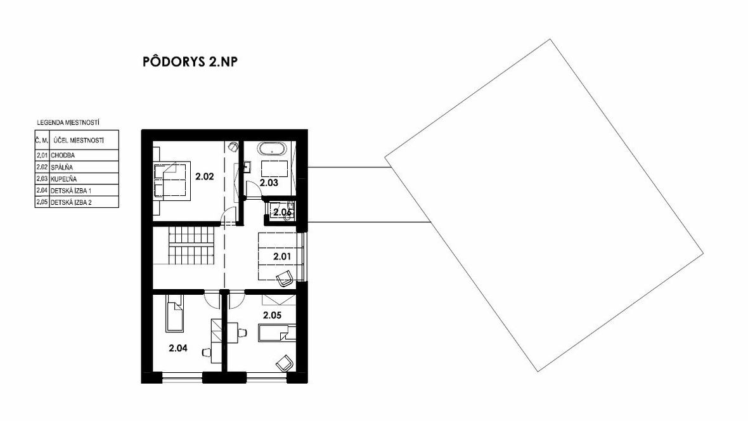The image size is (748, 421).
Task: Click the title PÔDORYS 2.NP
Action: pyautogui.click(x=190, y=62)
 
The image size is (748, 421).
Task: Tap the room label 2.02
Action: pyautogui.click(x=205, y=177)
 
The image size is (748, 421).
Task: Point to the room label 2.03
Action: pyautogui.click(x=269, y=183)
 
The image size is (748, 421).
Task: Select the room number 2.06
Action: pyautogui.click(x=282, y=212)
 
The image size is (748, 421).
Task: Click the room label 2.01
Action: pyautogui.click(x=282, y=256)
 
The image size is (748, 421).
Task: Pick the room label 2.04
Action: pyautogui.click(x=178, y=348)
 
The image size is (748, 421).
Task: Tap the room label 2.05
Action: pyautogui.click(x=273, y=315)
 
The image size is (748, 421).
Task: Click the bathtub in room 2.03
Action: pyautogui.click(x=273, y=149)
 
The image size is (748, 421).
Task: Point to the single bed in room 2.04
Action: pyautogui.click(x=174, y=313)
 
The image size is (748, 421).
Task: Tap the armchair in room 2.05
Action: pyautogui.click(x=285, y=363)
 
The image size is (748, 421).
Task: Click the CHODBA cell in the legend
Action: pyautogui.click(x=63, y=155)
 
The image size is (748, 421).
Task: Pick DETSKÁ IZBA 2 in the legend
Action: pyautogui.click(x=71, y=202)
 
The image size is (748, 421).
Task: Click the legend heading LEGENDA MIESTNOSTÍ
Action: pyautogui.click(x=68, y=123)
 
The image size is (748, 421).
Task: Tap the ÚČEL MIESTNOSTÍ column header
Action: pyautogui.click(x=79, y=140)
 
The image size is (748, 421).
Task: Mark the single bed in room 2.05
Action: pyautogui.click(x=277, y=333)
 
